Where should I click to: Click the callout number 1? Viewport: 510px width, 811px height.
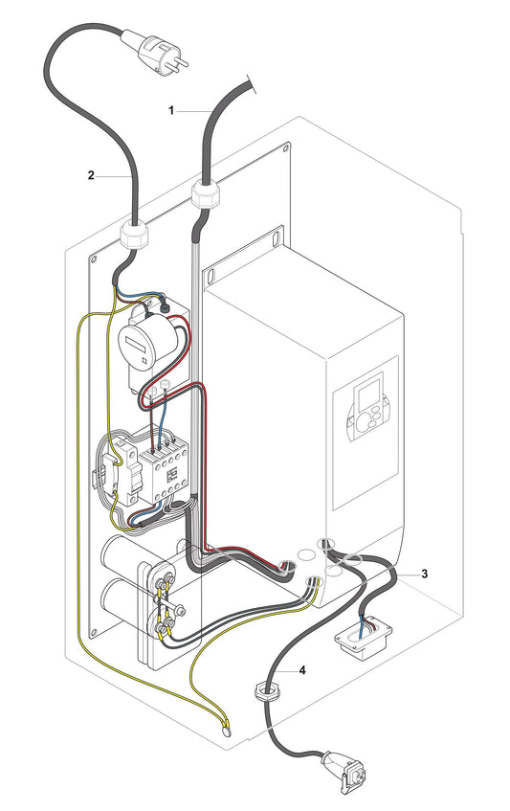coord(172,110)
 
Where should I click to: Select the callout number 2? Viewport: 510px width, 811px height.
coord(91,175)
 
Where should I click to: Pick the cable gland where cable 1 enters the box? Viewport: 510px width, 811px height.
coord(204,195)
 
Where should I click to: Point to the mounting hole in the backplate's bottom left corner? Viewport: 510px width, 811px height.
coord(94,628)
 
